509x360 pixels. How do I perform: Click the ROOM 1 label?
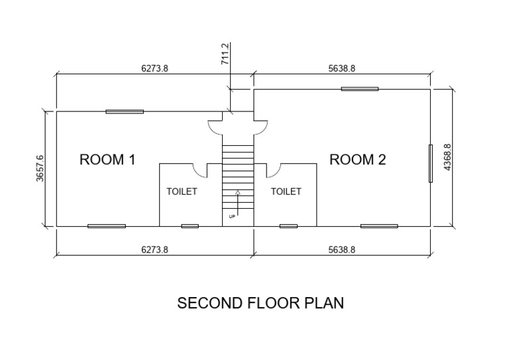point(107,160)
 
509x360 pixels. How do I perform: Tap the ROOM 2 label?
point(358,160)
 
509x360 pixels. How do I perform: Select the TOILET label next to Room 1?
point(182,192)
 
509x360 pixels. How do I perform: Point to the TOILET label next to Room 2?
point(286,192)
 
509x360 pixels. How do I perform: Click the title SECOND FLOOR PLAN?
point(260,303)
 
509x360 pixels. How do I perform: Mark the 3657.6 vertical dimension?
point(40,170)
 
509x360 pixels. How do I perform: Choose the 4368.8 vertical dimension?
point(447,158)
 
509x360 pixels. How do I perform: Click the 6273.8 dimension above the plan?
point(154,68)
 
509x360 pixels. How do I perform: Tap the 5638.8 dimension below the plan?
point(343,250)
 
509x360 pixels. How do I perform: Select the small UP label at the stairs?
point(232,216)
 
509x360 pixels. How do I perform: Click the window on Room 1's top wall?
point(125,111)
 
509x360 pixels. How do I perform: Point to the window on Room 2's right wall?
point(430,162)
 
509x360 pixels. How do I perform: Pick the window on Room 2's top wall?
point(360,88)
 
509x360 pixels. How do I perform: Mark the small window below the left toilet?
point(190,226)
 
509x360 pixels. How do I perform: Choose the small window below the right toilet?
point(288,226)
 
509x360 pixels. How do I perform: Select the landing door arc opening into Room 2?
point(260,126)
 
